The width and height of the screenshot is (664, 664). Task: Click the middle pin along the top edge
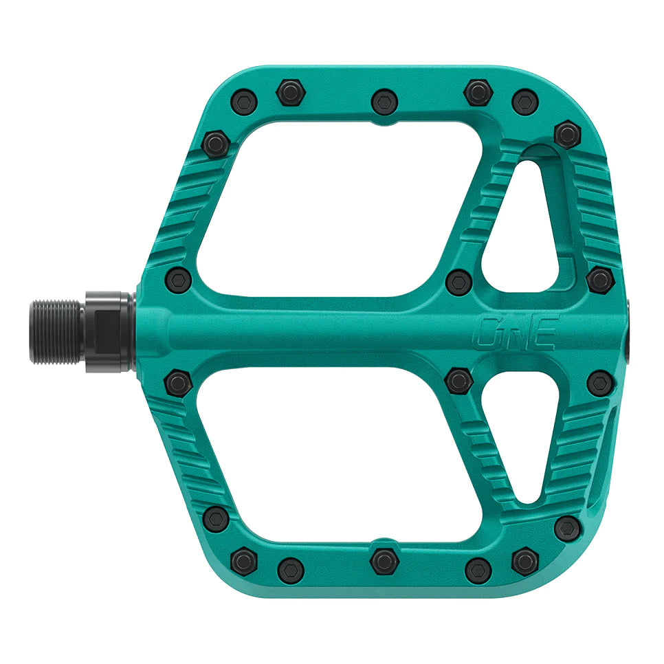(x=384, y=102)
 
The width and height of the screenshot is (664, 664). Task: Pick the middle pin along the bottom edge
(x=384, y=560)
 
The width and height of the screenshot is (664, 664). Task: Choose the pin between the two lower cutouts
(x=458, y=380)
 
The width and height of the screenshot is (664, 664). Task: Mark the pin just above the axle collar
(x=179, y=280)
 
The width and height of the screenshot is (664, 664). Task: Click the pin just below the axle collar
(x=179, y=382)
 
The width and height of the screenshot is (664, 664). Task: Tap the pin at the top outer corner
(x=567, y=133)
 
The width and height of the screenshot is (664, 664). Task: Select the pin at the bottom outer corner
(x=567, y=528)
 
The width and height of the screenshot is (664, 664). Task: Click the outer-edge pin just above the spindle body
(x=601, y=279)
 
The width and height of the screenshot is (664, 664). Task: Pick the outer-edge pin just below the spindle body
(x=601, y=383)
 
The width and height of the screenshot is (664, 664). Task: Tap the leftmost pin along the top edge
(x=244, y=102)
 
